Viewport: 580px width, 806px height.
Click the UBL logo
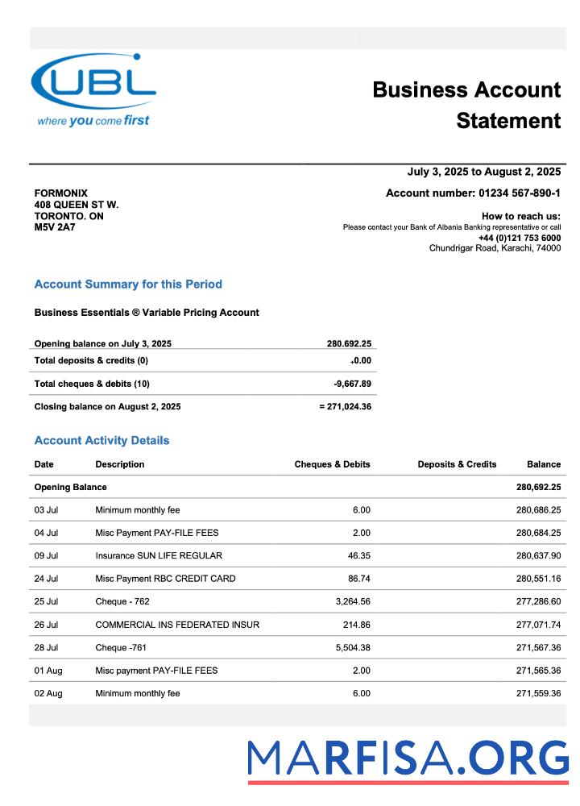point(93,89)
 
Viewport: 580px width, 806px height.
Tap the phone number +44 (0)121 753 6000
point(519,238)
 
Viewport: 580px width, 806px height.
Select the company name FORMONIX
point(61,193)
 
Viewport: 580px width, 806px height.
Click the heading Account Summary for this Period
point(128,285)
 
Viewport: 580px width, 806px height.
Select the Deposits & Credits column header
point(457,464)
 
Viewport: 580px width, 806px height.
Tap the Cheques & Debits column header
point(332,464)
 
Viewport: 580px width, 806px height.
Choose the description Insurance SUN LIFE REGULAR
point(159,555)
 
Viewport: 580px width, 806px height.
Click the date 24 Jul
point(46,579)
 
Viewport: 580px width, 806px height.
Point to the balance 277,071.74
point(538,625)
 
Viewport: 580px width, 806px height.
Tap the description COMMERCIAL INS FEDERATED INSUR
point(177,625)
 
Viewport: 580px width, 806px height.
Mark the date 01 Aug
point(48,671)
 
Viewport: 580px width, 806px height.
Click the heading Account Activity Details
point(101,441)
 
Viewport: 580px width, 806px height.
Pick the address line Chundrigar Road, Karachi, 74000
point(495,248)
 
